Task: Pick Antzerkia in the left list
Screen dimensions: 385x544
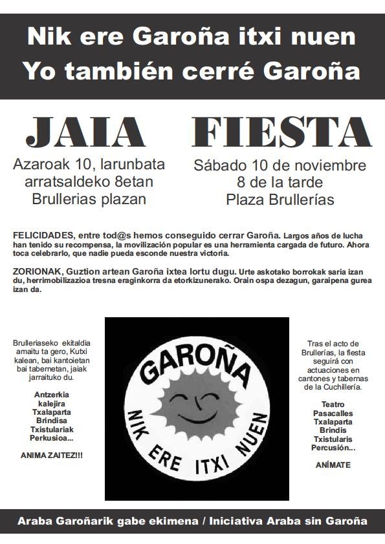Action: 51,394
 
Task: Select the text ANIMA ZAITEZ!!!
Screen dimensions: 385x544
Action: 52,455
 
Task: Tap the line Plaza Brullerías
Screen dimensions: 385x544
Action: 280,200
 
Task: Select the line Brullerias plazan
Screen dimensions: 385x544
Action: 89,198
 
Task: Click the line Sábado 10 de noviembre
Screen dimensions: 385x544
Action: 280,165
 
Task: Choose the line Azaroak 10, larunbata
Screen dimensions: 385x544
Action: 89,164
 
